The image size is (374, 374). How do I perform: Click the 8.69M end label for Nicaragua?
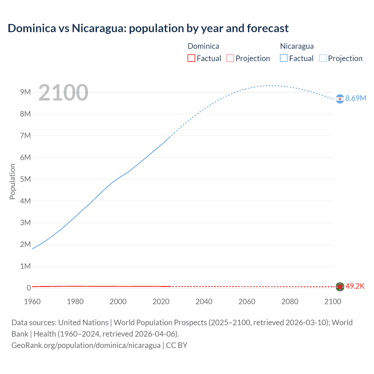pos(356,98)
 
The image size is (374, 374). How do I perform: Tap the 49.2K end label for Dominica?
pos(355,286)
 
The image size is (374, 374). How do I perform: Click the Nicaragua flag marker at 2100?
pos(340,99)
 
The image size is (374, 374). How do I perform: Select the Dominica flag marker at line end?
pos(340,287)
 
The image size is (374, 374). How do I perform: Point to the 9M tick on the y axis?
pos(25,92)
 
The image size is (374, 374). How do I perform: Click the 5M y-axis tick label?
pos(25,179)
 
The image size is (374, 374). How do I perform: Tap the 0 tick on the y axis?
pos(29,288)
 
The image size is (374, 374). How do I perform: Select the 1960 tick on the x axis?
pos(32,302)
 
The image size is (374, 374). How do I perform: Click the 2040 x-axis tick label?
pos(204,302)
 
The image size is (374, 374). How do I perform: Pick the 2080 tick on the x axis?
pos(290,302)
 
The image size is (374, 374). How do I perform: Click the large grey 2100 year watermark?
pos(63,93)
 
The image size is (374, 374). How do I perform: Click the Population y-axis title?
pos(12,181)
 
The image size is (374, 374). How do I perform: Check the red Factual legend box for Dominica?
pos(191,58)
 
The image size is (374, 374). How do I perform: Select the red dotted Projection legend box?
pos(230,58)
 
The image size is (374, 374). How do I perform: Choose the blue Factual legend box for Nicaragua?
pos(284,58)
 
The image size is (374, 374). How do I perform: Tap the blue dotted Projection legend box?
pos(323,58)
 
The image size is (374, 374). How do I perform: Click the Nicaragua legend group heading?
pos(297,46)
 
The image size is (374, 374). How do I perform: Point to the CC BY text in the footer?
pos(176,345)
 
